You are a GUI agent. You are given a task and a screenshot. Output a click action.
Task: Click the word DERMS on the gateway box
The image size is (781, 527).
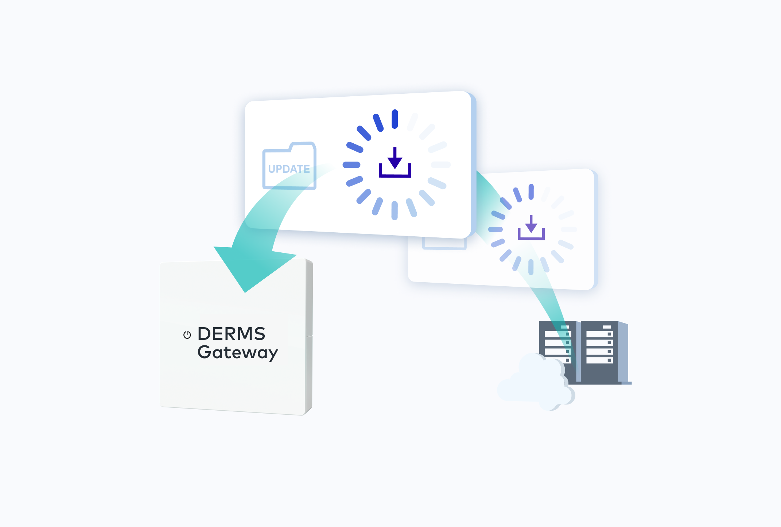click(232, 334)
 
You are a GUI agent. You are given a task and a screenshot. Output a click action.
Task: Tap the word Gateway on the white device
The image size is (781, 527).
click(237, 353)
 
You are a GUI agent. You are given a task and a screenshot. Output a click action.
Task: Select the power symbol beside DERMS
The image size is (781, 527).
click(187, 335)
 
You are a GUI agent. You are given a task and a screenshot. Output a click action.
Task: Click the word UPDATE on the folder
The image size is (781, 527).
click(289, 169)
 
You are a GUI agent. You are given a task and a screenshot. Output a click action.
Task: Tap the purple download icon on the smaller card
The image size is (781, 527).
click(531, 228)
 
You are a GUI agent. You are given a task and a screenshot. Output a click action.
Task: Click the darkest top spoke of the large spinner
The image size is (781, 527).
click(395, 119)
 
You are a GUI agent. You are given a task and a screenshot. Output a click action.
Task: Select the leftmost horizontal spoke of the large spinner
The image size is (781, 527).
click(351, 165)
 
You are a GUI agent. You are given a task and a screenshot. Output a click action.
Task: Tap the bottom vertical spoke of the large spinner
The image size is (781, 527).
click(395, 211)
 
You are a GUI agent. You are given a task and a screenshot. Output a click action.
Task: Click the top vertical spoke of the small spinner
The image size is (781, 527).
click(531, 192)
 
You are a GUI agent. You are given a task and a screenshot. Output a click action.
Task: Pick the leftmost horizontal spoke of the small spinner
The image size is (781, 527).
click(496, 229)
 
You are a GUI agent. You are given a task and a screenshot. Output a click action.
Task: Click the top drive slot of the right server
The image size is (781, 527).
click(599, 334)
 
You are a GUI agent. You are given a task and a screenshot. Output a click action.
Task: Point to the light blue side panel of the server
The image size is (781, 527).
click(623, 352)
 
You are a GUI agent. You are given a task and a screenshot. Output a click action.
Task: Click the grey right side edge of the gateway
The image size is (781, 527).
click(309, 336)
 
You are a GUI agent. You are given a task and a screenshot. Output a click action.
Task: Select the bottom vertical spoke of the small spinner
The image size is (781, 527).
click(531, 267)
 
